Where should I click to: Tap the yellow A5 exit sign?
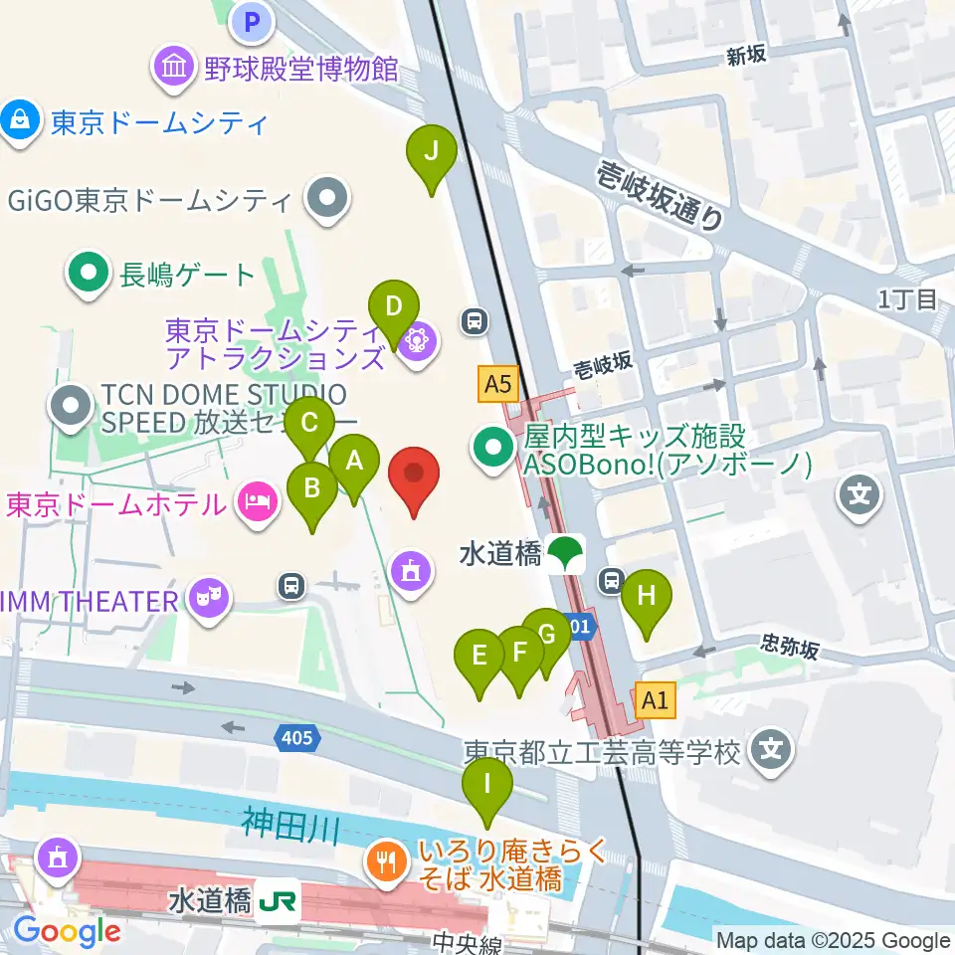click(x=498, y=383)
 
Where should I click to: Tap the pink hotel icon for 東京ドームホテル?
click(x=257, y=500)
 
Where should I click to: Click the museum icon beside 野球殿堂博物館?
click(x=175, y=68)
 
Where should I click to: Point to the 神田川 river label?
click(x=291, y=824)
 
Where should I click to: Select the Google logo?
click(x=67, y=930)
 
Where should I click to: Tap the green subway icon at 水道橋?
click(x=567, y=552)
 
